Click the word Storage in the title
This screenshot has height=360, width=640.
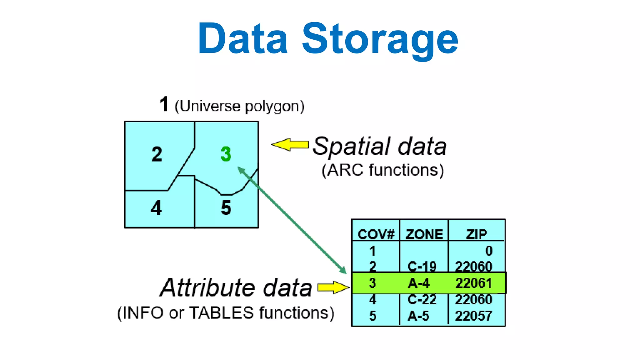click(380, 39)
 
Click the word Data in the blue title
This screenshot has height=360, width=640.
click(242, 39)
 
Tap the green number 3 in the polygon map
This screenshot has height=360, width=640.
click(226, 154)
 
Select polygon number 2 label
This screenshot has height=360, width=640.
click(157, 154)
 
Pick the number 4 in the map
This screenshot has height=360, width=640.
click(157, 208)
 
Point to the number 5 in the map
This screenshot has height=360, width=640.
click(226, 208)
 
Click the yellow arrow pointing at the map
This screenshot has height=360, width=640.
click(290, 145)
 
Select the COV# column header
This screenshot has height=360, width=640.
click(376, 234)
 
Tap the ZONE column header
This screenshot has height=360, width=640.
click(424, 234)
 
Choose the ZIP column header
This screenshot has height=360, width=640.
click(477, 234)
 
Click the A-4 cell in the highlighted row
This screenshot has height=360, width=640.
click(419, 283)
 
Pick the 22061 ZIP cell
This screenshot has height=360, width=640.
click(474, 283)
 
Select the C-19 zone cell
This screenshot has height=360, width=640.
click(422, 267)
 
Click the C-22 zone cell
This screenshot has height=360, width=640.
click(422, 300)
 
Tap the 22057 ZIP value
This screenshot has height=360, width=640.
click(474, 316)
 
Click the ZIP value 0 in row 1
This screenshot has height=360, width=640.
click(489, 251)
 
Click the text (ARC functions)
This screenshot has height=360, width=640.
click(383, 170)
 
